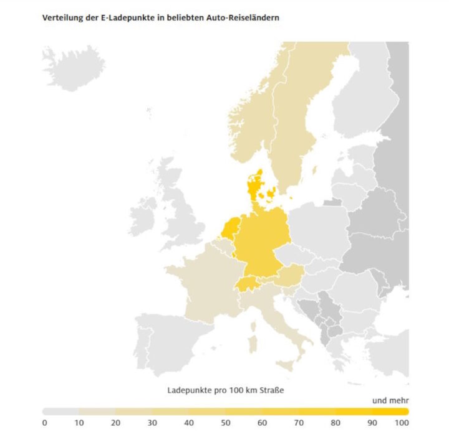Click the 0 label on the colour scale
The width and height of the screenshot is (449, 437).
tap(44, 423)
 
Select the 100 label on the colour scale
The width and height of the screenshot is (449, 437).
tap(401, 423)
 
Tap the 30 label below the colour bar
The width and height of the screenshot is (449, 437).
tap(152, 423)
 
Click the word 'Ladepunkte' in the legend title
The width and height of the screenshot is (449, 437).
tap(189, 390)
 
